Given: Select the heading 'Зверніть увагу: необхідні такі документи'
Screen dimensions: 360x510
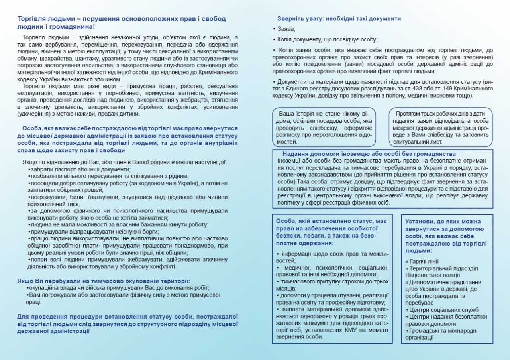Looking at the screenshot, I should (339, 18).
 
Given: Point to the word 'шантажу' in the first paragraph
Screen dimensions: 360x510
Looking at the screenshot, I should (113, 58).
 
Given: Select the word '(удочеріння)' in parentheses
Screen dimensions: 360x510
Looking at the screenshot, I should (34, 114).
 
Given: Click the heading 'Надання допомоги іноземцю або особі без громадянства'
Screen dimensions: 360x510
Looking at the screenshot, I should (369, 154).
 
